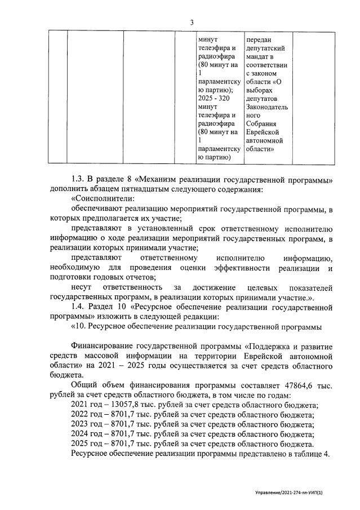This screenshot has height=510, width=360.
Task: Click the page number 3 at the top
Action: pos(192,22)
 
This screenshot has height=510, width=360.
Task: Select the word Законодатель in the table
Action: pos(266,107)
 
